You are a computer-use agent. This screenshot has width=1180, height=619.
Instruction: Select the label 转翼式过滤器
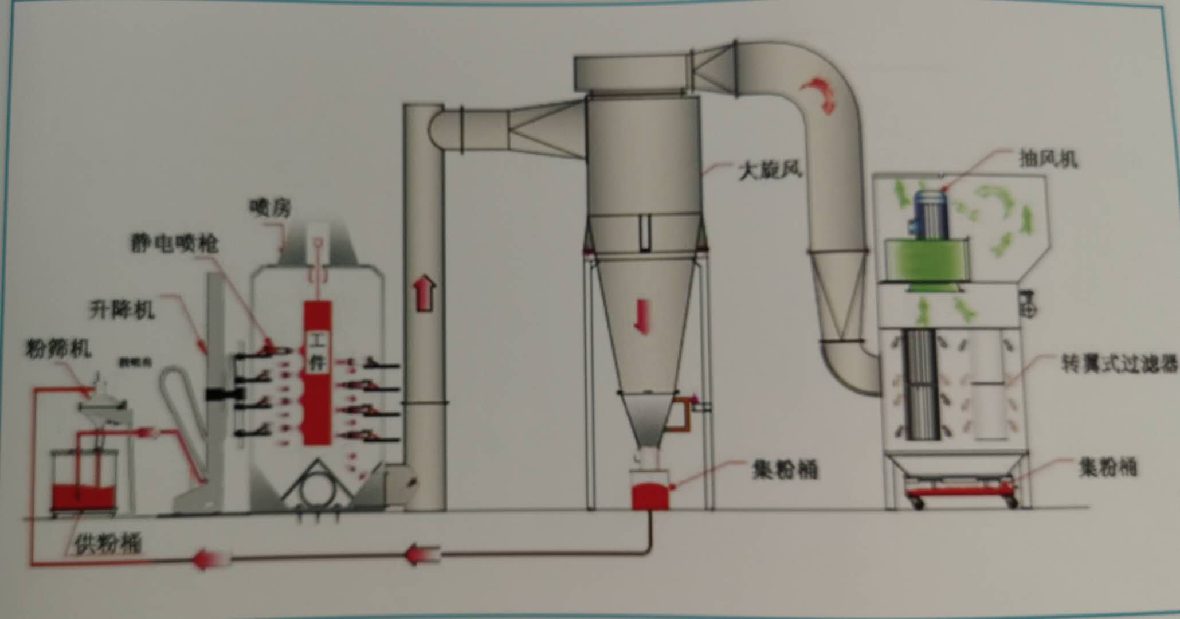(x=1119, y=363)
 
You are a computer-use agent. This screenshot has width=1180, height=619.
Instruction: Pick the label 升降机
(x=121, y=310)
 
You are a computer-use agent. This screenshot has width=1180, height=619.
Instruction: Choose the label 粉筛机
(x=58, y=348)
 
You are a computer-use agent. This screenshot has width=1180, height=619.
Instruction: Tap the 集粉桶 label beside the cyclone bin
(x=785, y=470)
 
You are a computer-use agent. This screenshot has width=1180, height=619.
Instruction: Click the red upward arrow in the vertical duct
(x=425, y=293)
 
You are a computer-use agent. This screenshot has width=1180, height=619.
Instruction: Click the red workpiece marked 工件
(x=317, y=373)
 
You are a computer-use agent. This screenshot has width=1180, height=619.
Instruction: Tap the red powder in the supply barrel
(x=84, y=496)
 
